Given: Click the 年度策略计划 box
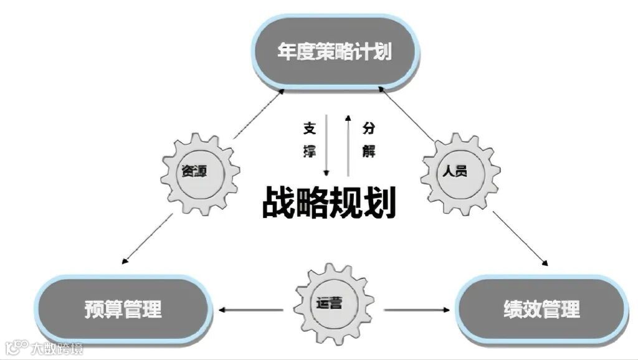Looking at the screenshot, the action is [335, 51].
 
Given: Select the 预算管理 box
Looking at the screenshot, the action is [123, 308].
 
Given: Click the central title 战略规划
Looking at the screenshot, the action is [328, 203].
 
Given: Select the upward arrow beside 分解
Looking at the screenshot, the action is [348, 143].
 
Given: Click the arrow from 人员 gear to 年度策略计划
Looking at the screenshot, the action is [408, 115].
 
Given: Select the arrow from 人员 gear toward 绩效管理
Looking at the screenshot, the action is [520, 239].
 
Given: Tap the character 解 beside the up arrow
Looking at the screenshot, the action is [368, 151].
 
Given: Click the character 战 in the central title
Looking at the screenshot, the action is [279, 203].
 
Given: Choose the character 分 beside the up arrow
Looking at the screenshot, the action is [368, 129].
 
